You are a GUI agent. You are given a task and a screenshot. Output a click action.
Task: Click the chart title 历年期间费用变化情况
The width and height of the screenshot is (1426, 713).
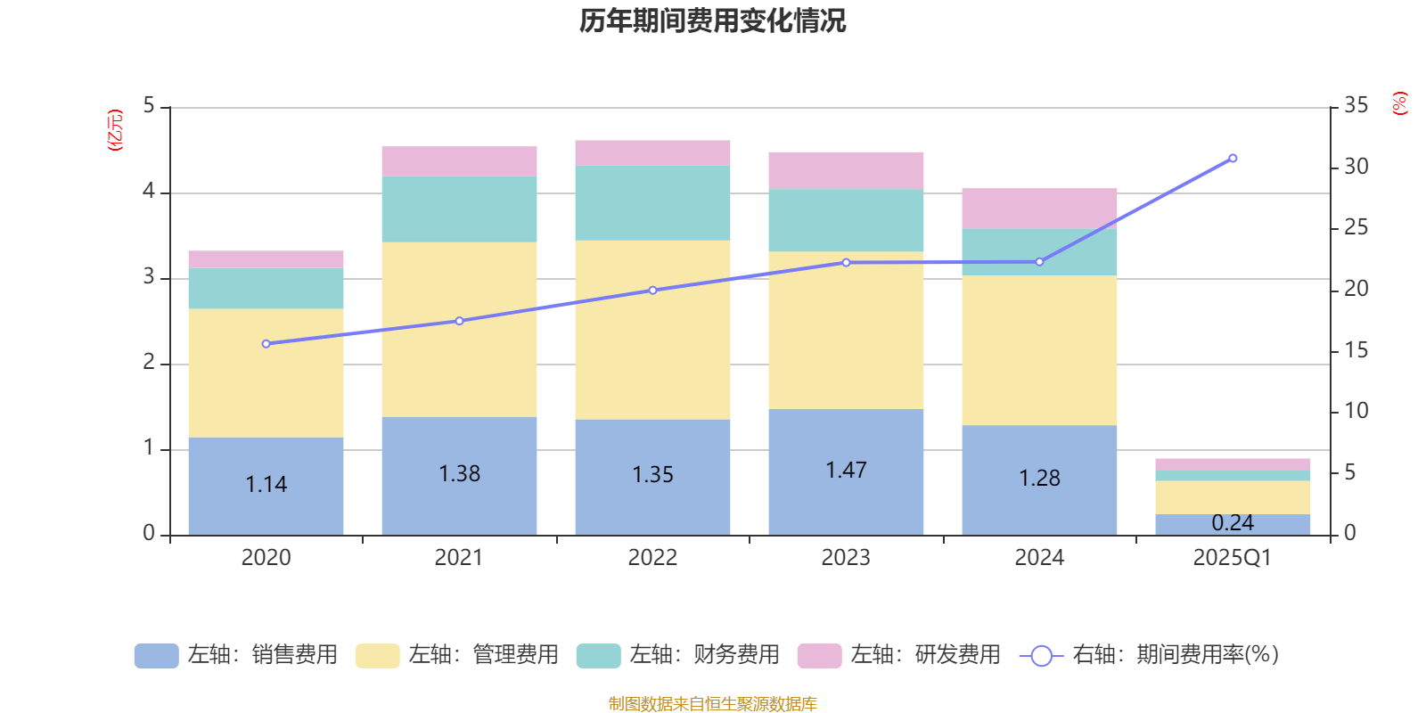(712, 20)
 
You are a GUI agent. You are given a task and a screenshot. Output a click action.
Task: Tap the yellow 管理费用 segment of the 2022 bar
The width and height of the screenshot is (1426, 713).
(652, 330)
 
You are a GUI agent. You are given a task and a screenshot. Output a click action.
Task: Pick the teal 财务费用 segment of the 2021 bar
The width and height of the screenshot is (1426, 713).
(459, 209)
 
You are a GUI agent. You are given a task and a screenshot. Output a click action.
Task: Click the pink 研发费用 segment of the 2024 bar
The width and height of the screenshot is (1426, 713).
(1039, 208)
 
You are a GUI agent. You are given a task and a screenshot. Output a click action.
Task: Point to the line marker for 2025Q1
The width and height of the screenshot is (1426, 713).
(1233, 159)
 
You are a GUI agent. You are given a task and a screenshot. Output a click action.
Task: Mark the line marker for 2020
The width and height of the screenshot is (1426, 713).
(266, 344)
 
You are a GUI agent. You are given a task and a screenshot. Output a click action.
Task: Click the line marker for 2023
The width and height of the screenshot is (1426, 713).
(846, 263)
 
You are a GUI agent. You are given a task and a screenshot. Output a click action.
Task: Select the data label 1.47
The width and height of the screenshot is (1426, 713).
(846, 471)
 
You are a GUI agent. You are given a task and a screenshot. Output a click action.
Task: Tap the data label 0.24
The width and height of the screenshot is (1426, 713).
(1233, 523)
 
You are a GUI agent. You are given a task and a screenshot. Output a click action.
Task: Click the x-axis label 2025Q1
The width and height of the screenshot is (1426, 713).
(1233, 558)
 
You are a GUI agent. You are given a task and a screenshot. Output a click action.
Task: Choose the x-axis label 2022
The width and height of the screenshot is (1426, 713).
(652, 558)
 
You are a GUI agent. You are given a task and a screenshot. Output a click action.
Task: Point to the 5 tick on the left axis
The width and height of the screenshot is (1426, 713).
(149, 106)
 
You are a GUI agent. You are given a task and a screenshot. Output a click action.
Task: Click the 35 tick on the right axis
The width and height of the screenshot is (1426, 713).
(1356, 106)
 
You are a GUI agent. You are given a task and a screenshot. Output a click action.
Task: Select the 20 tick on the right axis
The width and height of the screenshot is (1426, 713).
(1356, 289)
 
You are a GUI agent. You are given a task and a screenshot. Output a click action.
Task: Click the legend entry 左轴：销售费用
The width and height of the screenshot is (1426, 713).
(237, 655)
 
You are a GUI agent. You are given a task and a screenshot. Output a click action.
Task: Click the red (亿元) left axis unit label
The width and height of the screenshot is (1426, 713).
(115, 130)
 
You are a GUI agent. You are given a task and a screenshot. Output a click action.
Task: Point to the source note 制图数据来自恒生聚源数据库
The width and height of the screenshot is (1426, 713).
(712, 704)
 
